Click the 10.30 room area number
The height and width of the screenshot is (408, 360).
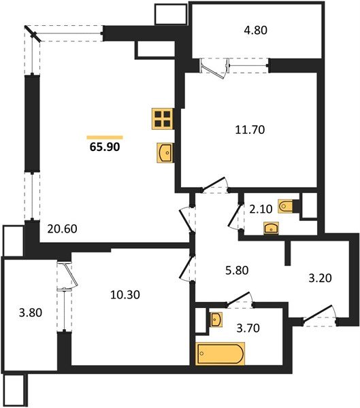coord(125,294)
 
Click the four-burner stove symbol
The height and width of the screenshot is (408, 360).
coord(162,120)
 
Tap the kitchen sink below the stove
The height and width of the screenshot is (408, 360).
coord(164,153)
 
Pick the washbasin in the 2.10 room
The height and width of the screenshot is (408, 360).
coord(270,227)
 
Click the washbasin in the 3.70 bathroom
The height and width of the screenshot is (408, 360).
coord(216,318)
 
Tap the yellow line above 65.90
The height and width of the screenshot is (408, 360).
coord(105,137)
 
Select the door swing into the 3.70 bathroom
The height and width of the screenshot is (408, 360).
coord(240,299)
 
